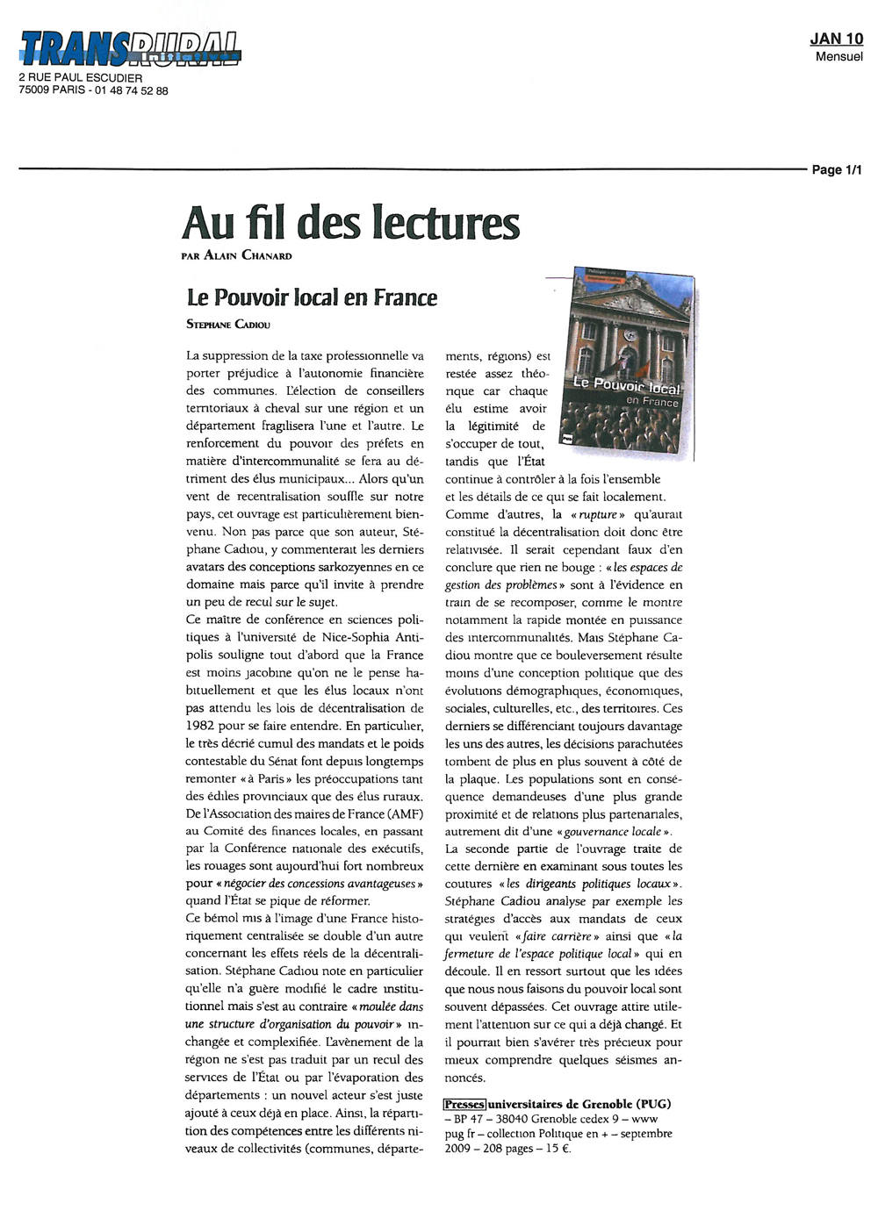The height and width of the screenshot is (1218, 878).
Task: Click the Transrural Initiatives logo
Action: [130, 47]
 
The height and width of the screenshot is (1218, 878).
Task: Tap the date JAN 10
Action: [836, 39]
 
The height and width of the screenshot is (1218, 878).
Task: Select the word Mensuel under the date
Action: [838, 56]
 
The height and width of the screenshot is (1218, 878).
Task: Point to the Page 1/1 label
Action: [837, 169]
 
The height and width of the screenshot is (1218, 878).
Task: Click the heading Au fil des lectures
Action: [350, 223]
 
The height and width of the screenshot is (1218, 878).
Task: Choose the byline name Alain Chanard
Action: [248, 256]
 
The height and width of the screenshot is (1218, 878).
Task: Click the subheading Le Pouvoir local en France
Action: [312, 297]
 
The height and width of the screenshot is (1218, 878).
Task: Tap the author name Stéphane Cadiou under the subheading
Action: [228, 325]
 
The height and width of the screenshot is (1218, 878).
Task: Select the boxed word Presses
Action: [464, 1104]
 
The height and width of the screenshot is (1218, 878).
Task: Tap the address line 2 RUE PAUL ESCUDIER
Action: [81, 78]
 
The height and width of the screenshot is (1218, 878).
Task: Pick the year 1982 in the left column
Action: [201, 726]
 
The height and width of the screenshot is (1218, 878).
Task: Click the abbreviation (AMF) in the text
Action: [406, 813]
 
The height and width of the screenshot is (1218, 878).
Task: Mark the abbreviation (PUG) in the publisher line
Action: [653, 1104]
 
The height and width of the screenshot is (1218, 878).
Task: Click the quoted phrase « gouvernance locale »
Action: [615, 831]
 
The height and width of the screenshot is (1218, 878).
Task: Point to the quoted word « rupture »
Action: [598, 514]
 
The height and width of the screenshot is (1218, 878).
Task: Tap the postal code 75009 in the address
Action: [33, 90]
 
